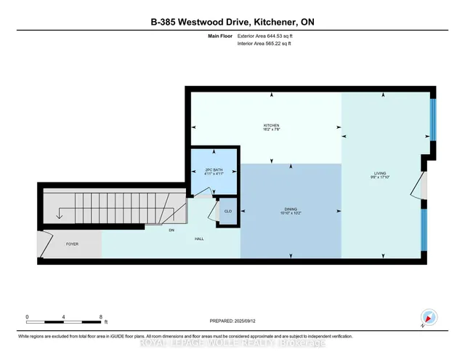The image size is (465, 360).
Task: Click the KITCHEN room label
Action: click(x=271, y=125)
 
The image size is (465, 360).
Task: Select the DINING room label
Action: click(x=291, y=209)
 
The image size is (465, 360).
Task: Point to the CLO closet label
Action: click(x=227, y=212)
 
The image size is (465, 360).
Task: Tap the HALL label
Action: click(x=198, y=239)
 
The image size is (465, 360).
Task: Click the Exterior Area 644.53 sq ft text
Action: click(x=270, y=35)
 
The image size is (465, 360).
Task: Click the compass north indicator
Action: click(x=429, y=318)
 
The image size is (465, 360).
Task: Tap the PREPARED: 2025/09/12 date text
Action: click(x=232, y=320)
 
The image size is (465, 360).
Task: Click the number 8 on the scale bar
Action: click(x=101, y=316)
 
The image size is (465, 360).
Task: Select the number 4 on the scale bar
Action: click(x=64, y=316)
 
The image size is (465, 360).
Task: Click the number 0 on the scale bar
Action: click(x=27, y=316)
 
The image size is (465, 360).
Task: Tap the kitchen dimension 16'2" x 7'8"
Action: click(x=271, y=130)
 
